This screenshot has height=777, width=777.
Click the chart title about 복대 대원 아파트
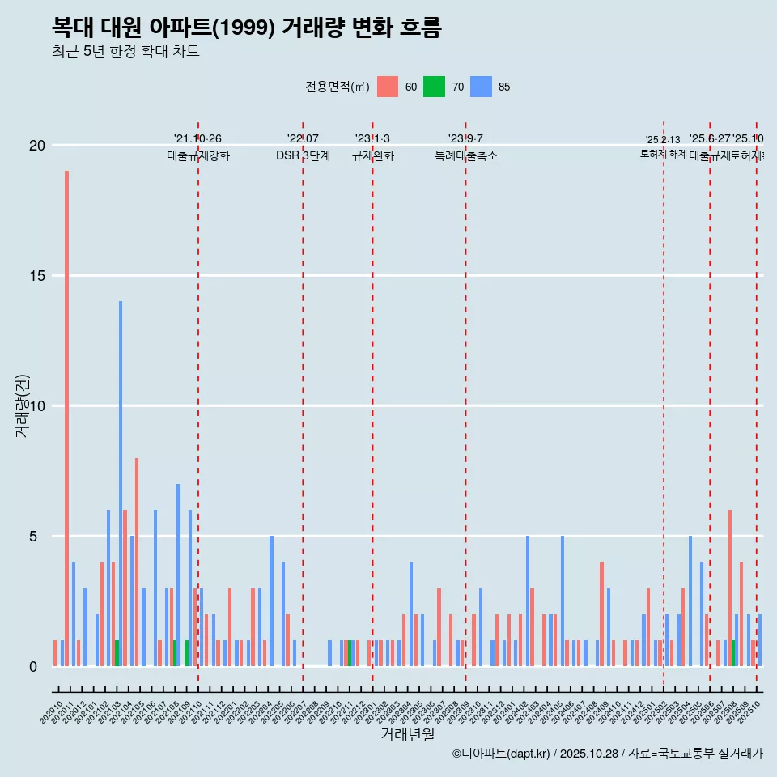point(246,28)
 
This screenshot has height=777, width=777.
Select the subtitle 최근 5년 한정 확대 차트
point(125,52)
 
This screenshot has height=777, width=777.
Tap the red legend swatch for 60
point(388,87)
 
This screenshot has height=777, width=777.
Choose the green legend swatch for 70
point(435,87)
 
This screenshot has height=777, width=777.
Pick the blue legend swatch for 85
point(482,87)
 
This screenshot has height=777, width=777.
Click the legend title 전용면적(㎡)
point(338,87)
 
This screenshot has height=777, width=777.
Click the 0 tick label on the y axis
point(33,667)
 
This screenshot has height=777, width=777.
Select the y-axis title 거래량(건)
point(22,405)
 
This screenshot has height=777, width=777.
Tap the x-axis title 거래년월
point(407,735)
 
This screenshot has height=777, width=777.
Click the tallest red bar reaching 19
point(66,418)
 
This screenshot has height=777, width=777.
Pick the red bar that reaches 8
point(137,562)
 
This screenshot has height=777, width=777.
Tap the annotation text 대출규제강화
point(198,155)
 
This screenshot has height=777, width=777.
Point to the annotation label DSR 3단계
point(303,155)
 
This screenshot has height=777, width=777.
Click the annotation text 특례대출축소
point(465,155)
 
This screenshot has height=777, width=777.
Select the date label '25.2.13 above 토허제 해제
point(663,140)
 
